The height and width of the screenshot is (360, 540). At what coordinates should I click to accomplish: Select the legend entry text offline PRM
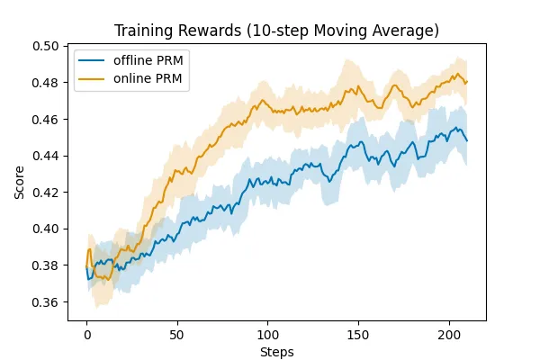pos(148,60)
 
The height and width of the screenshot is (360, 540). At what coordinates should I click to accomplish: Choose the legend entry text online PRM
pos(148,78)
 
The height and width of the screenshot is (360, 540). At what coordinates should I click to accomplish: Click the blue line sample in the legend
pos(91,60)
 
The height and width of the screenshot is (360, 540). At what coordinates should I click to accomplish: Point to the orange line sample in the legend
pos(91,79)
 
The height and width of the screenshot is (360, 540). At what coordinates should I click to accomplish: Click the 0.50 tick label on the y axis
pos(45,46)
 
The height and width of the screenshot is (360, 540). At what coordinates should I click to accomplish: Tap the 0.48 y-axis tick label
pos(45,83)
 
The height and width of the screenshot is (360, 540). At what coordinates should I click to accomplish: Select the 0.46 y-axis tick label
pos(45,120)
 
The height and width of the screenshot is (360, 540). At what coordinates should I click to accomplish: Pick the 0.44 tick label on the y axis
pos(45,156)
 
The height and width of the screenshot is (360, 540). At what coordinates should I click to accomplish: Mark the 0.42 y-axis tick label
pos(45,193)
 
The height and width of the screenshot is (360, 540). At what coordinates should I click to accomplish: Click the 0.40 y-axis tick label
pos(45,229)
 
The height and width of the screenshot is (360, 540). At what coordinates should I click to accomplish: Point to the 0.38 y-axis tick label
pos(45,265)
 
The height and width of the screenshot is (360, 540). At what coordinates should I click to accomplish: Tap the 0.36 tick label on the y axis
pos(45,302)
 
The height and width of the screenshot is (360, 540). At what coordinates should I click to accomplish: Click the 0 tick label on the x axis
pos(87,335)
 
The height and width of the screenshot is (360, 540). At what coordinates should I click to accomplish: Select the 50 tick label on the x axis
pos(176,335)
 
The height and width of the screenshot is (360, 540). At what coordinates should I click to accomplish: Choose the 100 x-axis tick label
pos(268,335)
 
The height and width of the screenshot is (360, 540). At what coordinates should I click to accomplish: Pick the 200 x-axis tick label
pos(449,335)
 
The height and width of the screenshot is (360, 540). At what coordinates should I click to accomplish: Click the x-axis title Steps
pos(277,353)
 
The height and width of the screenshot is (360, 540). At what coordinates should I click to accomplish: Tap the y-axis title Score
pos(19,182)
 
